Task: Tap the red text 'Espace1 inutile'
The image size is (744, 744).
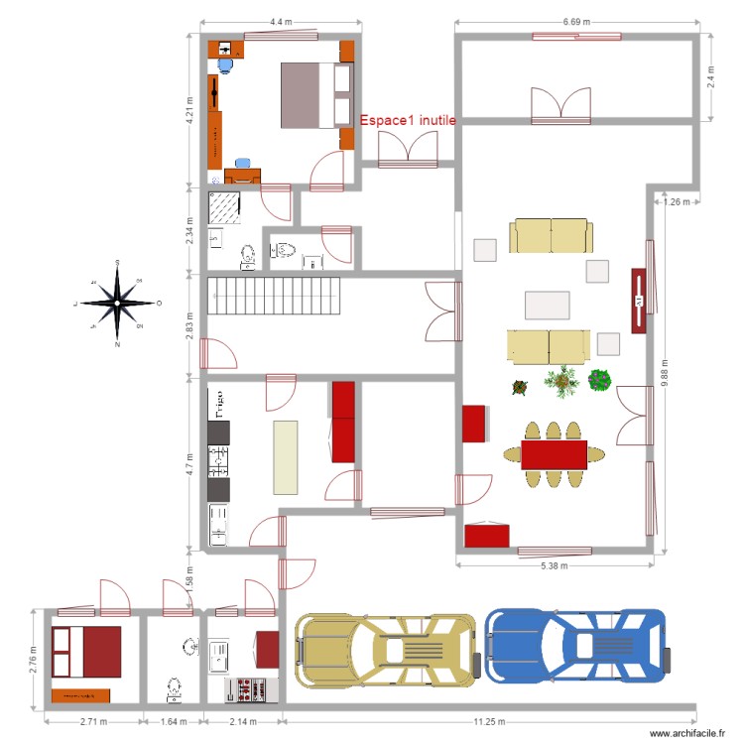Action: point(408,120)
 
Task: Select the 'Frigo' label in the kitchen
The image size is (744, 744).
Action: point(213,406)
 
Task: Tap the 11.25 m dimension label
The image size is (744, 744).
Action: point(490,722)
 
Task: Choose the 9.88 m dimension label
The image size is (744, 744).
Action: point(663,373)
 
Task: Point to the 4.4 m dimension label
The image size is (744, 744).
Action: point(280,21)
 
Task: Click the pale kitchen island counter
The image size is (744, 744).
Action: point(286,456)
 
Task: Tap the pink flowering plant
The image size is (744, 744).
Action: point(599,380)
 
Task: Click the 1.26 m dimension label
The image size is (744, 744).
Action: point(676,202)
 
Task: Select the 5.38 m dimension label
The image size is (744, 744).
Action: point(555,564)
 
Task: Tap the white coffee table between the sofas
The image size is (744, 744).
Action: point(548,305)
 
